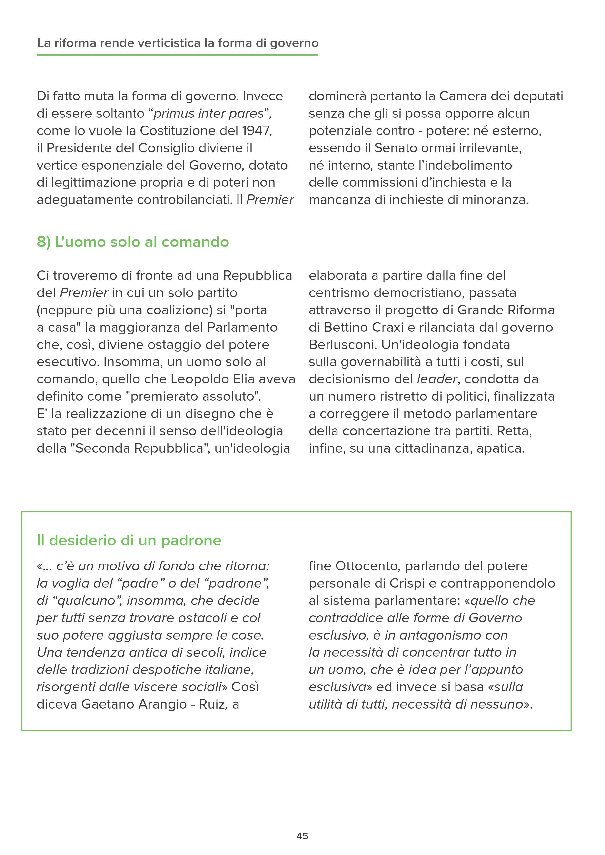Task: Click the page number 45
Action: pos(302,836)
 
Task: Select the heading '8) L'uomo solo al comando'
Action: pos(133,242)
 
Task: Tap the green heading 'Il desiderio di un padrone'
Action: pos(129,540)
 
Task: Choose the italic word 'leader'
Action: pos(436,379)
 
